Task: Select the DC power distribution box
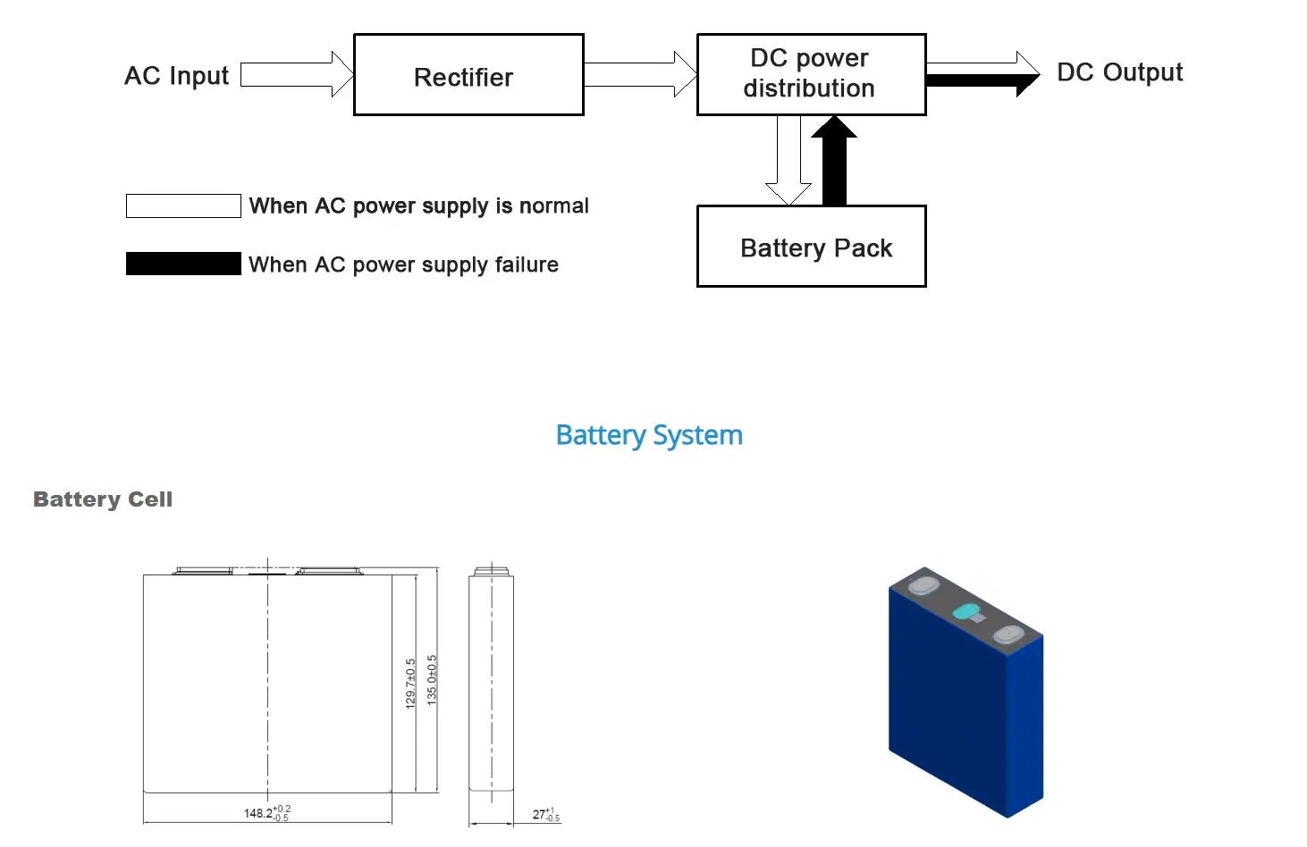[x=811, y=74]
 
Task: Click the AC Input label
[x=176, y=76]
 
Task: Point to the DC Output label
[x=1119, y=72]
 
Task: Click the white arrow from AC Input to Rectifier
[x=296, y=74]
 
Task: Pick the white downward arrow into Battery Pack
[x=788, y=161]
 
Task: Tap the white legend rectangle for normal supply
[x=183, y=205]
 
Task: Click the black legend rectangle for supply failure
[x=183, y=264]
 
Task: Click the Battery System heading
[x=649, y=435]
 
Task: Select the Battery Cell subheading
[x=103, y=499]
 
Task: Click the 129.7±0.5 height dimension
[x=411, y=683]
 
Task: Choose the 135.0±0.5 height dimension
[x=433, y=681]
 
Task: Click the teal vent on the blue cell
[x=965, y=612]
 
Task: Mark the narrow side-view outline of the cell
[x=491, y=683]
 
